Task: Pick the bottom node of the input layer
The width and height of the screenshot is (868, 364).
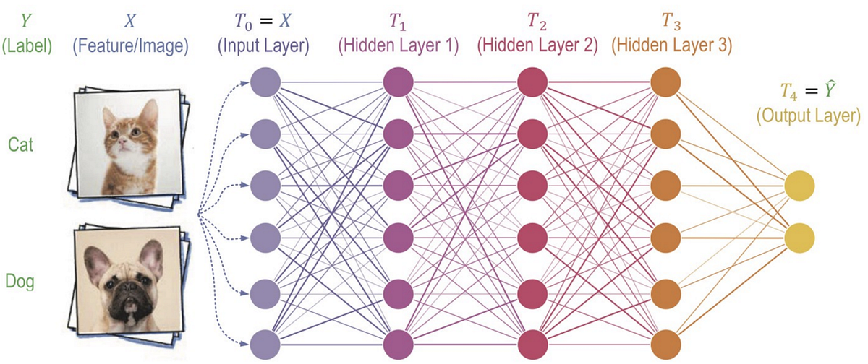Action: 264,341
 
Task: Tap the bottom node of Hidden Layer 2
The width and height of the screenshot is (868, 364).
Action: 534,341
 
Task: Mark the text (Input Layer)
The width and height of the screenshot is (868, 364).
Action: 265,46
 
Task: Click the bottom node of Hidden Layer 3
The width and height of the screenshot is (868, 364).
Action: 666,341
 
